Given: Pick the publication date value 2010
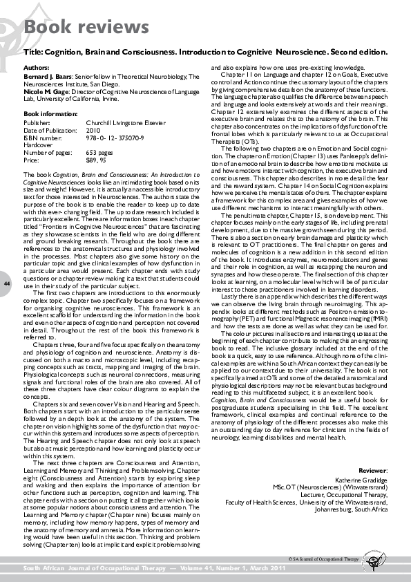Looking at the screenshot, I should (x=93, y=130).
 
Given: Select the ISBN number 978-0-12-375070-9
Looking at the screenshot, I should (x=115, y=136).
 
